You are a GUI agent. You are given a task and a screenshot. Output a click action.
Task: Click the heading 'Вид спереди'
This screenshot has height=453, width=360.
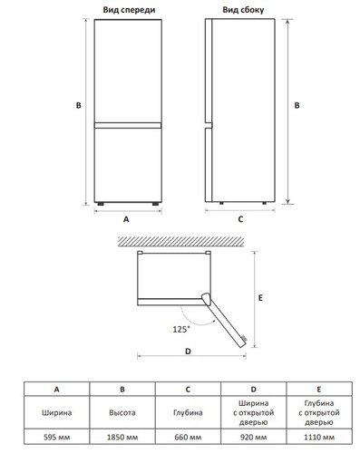[129, 10]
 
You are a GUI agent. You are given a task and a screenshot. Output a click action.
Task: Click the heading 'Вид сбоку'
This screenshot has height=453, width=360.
[243, 10]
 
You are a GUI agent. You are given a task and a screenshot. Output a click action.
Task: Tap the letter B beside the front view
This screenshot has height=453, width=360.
[79, 105]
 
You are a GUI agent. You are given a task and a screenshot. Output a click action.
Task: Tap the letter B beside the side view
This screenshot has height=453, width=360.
[297, 105]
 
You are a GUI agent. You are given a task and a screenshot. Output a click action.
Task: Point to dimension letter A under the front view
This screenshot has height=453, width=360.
[126, 219]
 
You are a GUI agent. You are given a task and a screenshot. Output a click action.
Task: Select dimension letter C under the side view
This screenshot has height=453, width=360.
[240, 219]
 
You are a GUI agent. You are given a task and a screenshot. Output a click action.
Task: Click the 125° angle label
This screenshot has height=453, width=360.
[181, 329]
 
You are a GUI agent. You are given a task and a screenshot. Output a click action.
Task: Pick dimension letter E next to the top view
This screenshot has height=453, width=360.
[260, 298]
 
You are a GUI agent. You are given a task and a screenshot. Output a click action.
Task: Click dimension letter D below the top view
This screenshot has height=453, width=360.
[188, 352]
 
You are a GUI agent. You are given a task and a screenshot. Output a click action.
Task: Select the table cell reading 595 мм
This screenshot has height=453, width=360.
[57, 437]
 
